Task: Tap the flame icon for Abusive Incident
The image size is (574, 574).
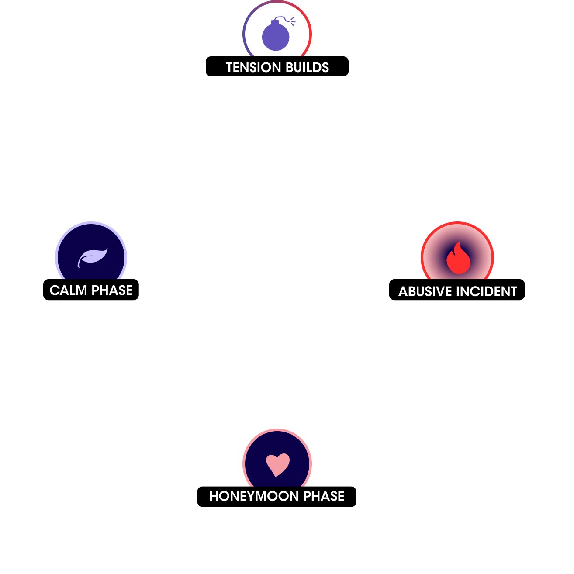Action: point(458,259)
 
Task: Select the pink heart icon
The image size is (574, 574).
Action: point(278,464)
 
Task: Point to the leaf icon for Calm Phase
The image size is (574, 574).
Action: point(92,257)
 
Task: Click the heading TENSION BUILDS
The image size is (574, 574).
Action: point(277,68)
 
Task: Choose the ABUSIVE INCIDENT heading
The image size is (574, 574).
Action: point(457,291)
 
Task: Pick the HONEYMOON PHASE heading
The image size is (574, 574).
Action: point(277,496)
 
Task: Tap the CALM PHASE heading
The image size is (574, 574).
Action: point(91,290)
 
